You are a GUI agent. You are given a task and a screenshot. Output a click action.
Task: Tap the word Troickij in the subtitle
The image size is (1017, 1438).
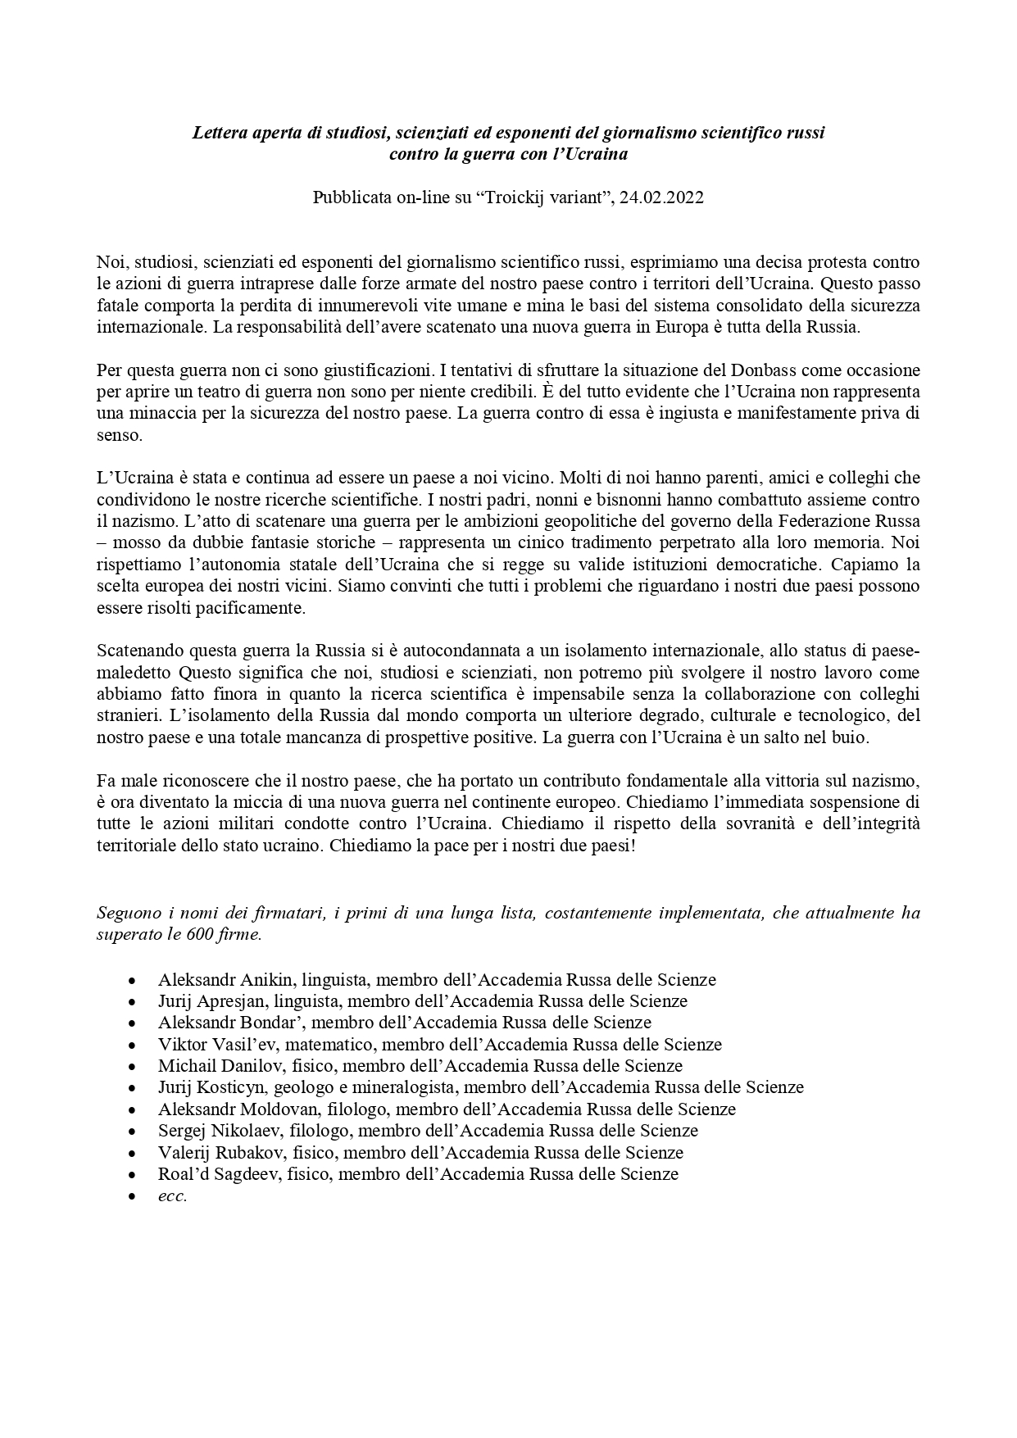[519, 198]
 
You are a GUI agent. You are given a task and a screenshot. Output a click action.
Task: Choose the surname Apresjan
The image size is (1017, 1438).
[233, 1001]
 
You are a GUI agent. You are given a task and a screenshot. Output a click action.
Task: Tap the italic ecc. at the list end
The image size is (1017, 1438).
[173, 1195]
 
